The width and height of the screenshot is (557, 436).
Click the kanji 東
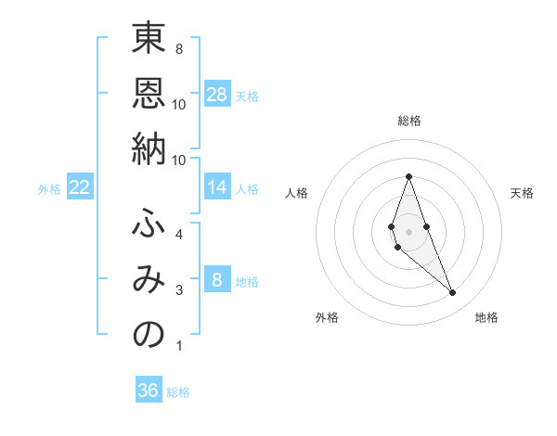(x=149, y=40)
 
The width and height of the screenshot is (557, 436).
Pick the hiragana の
(x=149, y=334)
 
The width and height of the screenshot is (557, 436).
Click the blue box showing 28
(x=217, y=94)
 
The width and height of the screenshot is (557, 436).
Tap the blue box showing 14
(x=217, y=187)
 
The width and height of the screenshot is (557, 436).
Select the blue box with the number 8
(x=217, y=280)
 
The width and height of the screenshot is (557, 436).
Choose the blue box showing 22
(x=80, y=187)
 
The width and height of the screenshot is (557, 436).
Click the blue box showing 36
(x=149, y=391)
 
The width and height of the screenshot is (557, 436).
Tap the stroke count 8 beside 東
(x=178, y=48)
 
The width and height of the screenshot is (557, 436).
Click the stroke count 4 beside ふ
(x=178, y=235)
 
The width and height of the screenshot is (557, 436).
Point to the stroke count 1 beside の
(x=178, y=346)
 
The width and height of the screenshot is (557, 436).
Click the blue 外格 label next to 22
(x=49, y=189)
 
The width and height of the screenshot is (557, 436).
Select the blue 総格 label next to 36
(x=178, y=392)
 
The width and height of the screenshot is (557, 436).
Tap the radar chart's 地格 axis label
(x=486, y=317)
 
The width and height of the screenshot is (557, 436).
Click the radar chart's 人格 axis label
(x=297, y=193)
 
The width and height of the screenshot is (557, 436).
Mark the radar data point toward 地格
(x=453, y=293)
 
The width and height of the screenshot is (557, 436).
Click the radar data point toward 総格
(x=408, y=176)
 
